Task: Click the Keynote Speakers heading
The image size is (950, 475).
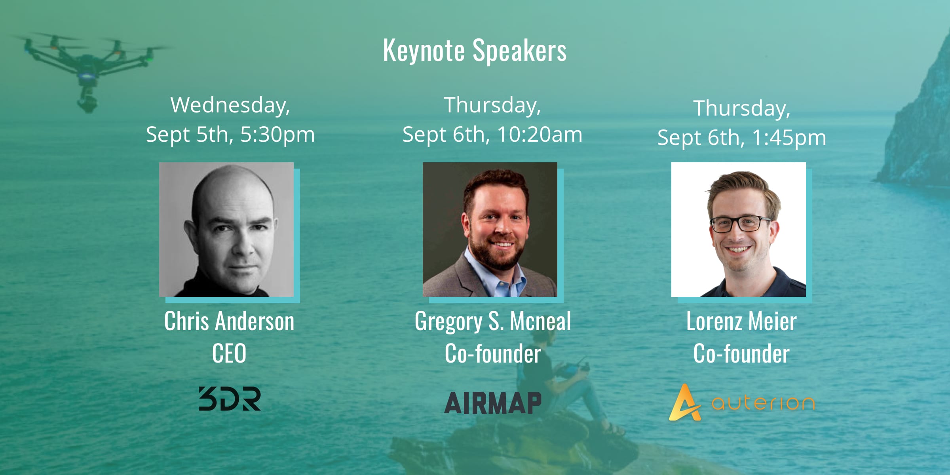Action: click(x=475, y=51)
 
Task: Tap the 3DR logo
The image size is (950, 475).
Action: click(x=230, y=399)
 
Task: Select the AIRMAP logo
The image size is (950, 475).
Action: click(x=493, y=403)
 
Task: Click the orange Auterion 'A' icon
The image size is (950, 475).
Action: click(x=684, y=403)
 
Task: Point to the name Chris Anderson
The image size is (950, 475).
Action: click(x=229, y=321)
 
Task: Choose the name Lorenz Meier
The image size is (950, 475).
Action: click(x=741, y=321)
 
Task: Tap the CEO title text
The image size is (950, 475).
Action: click(x=229, y=353)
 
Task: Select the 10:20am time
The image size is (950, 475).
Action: click(x=540, y=135)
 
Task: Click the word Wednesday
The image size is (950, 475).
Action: click(x=230, y=105)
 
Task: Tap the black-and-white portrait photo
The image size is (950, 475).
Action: click(x=226, y=230)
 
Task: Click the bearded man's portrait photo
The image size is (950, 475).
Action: click(x=490, y=230)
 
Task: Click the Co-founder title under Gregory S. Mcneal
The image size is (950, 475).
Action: click(x=493, y=353)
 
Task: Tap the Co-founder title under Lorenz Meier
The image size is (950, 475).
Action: click(x=741, y=353)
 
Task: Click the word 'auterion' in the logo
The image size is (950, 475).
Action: click(x=763, y=403)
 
